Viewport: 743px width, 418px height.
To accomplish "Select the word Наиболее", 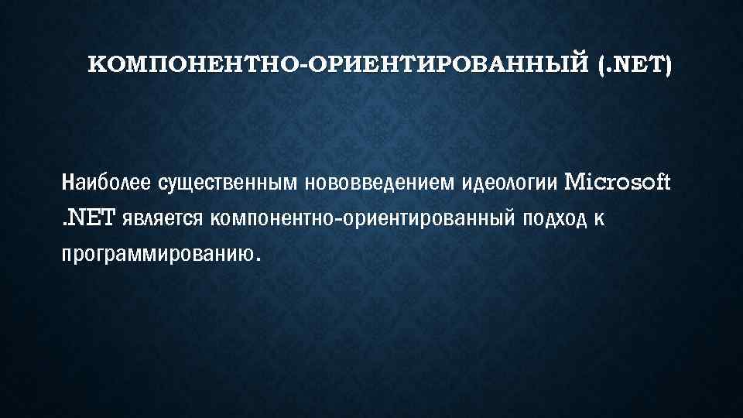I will tap(107, 184).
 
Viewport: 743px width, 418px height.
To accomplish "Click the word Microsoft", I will tap(619, 183).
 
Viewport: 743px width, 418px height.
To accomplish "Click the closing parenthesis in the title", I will tap(668, 67).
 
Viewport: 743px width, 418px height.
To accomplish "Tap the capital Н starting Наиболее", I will tap(67, 184).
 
